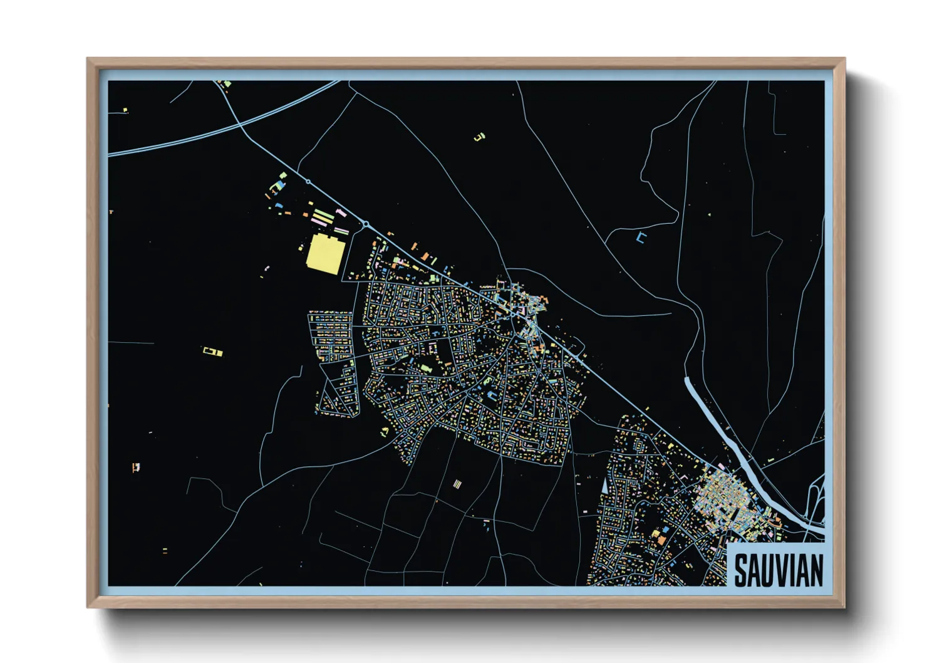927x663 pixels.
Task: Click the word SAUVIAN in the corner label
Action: tap(778, 570)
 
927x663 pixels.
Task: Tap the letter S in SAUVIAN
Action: tap(742, 570)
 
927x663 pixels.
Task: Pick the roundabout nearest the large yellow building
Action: tap(366, 224)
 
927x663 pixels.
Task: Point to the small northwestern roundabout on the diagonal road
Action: tap(308, 182)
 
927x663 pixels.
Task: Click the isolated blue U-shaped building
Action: tap(640, 237)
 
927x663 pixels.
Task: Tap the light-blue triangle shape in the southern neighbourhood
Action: tap(604, 485)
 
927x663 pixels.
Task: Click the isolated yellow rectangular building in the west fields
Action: tap(212, 352)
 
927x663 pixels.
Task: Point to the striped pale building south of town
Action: tap(457, 484)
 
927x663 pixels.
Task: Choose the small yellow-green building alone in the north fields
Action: tap(480, 136)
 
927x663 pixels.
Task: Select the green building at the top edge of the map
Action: tap(227, 83)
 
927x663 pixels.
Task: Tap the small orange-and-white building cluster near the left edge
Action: tap(136, 466)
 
